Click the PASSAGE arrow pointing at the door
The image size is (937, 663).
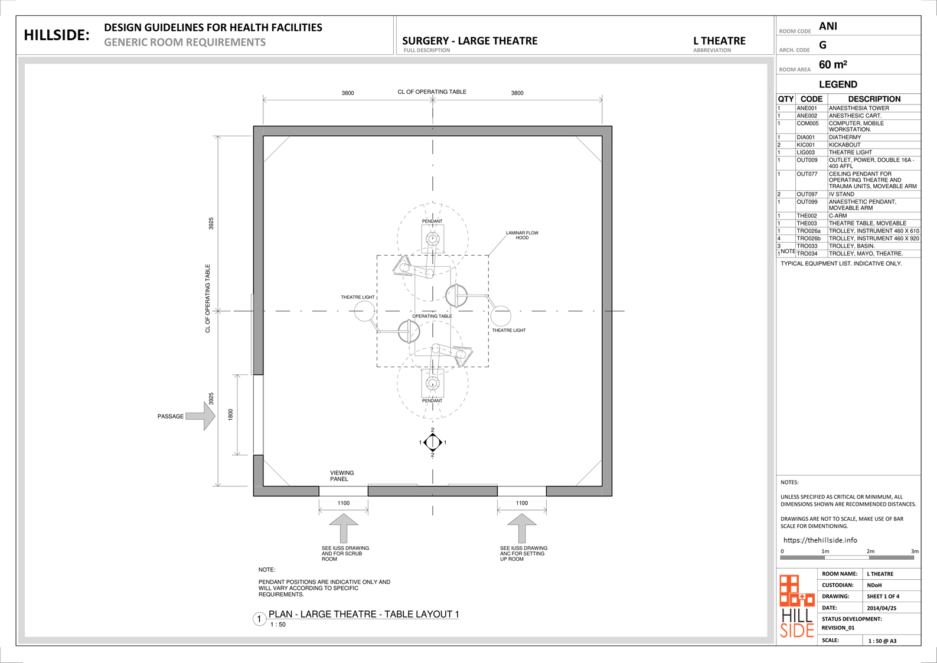tap(201, 416)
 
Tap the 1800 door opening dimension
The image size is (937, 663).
tap(230, 414)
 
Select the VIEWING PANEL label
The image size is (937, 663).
tap(342, 476)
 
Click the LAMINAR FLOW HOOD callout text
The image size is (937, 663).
tap(522, 235)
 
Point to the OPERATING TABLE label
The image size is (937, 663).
tap(432, 316)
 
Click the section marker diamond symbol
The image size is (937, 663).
tap(433, 442)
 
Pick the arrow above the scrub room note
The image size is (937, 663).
tap(344, 528)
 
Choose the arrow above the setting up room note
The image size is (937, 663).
tap(521, 528)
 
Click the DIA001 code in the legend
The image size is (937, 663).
tap(806, 137)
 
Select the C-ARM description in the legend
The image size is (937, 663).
tap(838, 216)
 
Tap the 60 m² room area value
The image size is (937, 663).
tap(833, 65)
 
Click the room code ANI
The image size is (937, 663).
tap(828, 27)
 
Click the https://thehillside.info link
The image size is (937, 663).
tap(820, 540)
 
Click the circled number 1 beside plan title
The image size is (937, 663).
tap(259, 619)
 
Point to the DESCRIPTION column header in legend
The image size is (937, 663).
tap(874, 99)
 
